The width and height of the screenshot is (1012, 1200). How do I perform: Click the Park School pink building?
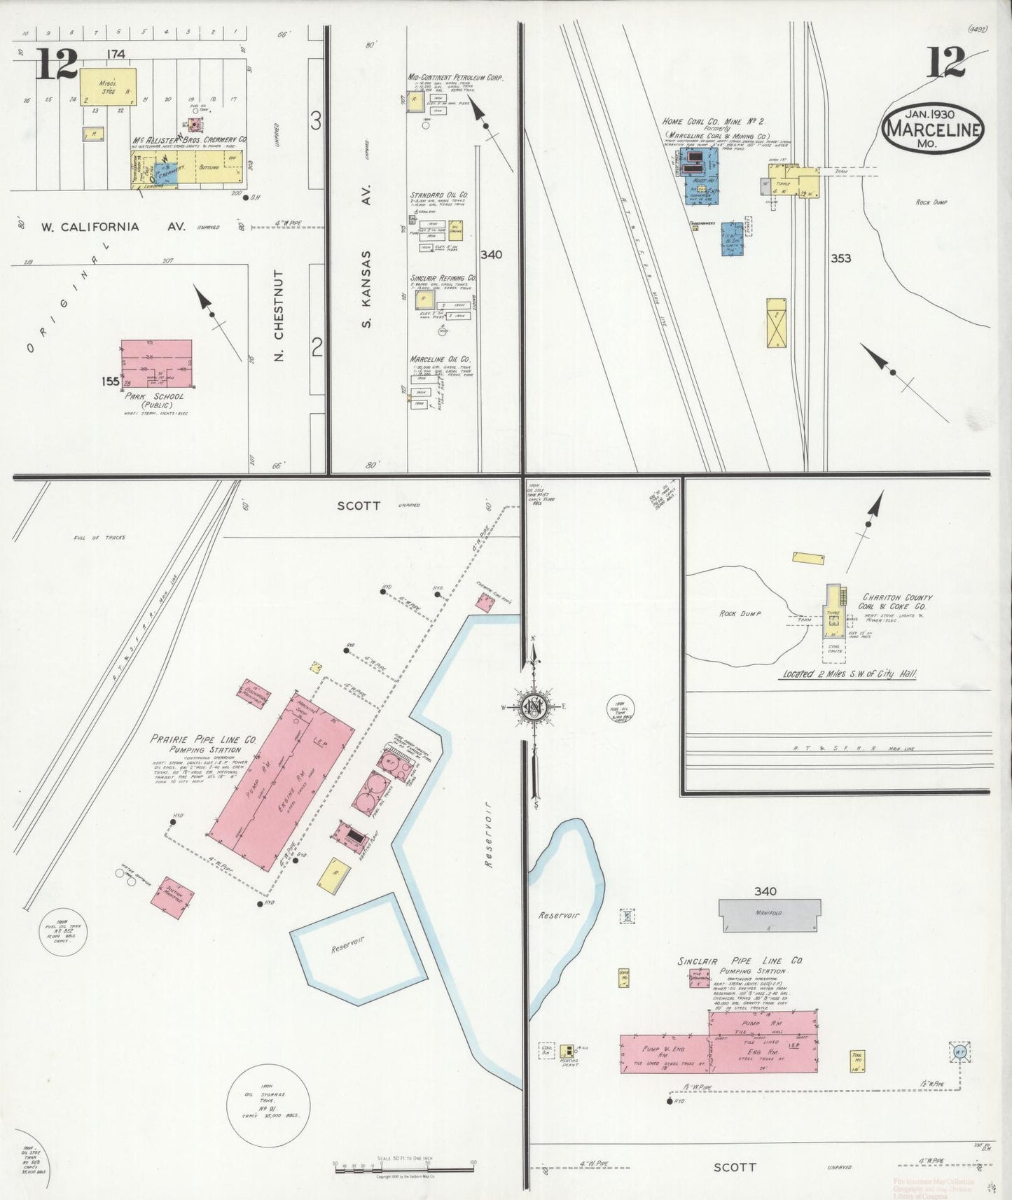pyautogui.click(x=156, y=363)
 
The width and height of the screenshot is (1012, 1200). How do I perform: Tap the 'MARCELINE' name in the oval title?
pyautogui.click(x=933, y=130)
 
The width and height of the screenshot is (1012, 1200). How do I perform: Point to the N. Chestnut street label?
pyautogui.click(x=279, y=314)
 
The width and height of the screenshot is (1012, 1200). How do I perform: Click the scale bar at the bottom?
pyautogui.click(x=404, y=1167)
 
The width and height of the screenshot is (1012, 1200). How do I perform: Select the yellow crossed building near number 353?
pyautogui.click(x=777, y=323)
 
